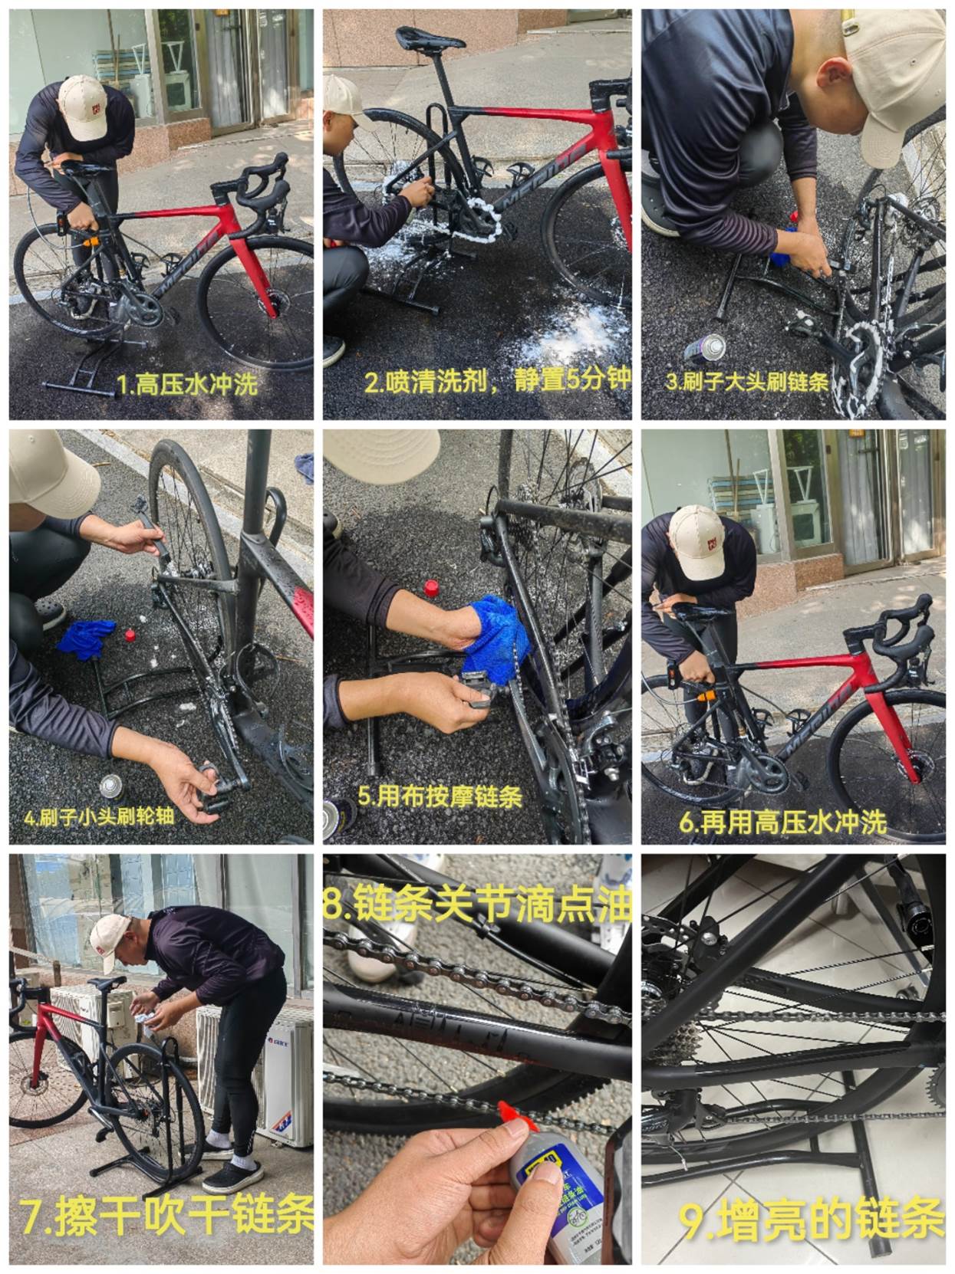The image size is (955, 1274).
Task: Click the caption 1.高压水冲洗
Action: click(187, 384)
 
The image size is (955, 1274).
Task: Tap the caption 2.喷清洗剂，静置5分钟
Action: click(498, 380)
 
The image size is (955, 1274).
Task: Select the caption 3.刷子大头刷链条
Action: click(746, 382)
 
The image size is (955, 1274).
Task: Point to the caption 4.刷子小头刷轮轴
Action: click(99, 817)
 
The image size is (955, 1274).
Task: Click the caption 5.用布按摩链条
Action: click(440, 796)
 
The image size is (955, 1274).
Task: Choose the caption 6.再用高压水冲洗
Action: click(783, 823)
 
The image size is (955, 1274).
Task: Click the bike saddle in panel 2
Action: click(430, 38)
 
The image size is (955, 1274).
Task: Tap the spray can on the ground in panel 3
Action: click(705, 350)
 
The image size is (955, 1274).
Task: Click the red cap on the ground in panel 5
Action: click(430, 589)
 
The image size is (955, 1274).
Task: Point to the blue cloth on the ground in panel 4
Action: click(87, 639)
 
